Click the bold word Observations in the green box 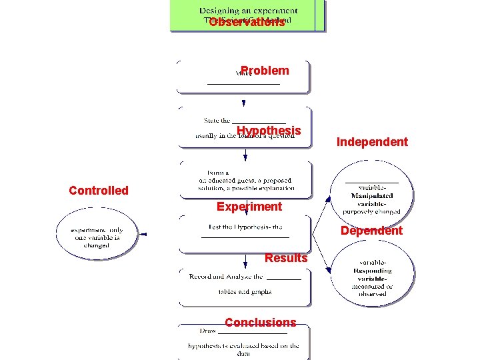pos(247,23)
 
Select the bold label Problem pos(265,71)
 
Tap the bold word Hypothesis pos(269,131)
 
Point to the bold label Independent pos(372,142)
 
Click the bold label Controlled pos(99,191)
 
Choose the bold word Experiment pos(249,207)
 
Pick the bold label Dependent pos(371,231)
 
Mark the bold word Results pos(286,258)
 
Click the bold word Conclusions pos(260,323)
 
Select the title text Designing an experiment pos(248,11)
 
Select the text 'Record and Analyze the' pos(226,277)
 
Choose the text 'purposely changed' pos(372,212)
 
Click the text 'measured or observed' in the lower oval pos(372,290)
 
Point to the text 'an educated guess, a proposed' pos(245,181)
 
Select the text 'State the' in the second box pos(217,121)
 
